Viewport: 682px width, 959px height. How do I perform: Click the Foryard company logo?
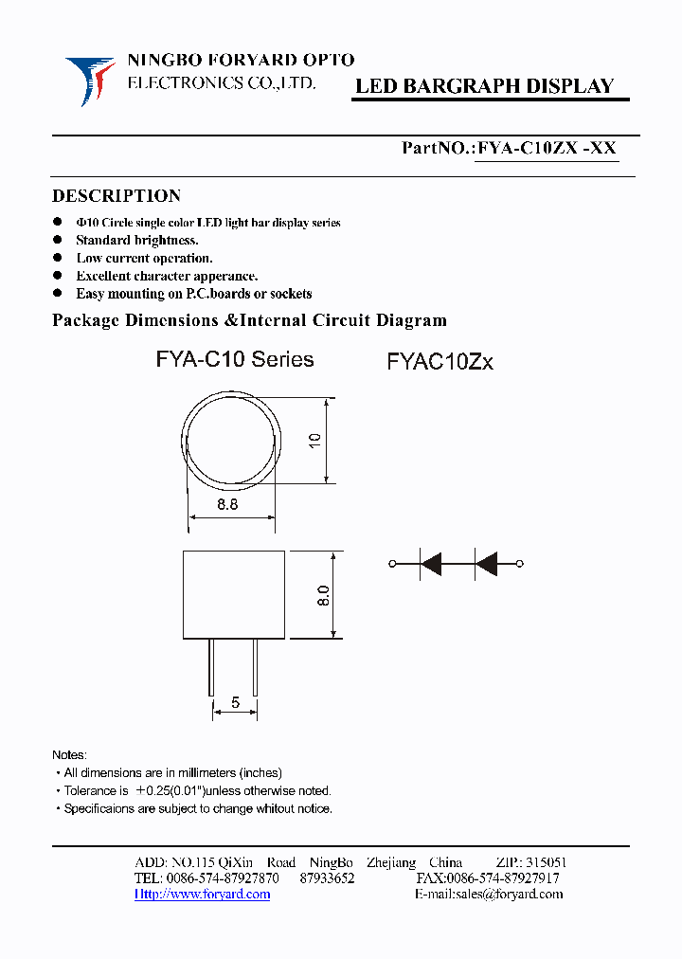pyautogui.click(x=90, y=80)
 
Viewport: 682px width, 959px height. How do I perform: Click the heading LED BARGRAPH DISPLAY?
pyautogui.click(x=484, y=86)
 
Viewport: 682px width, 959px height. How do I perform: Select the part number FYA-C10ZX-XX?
pyautogui.click(x=547, y=148)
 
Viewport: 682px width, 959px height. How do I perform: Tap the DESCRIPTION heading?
pyautogui.click(x=117, y=196)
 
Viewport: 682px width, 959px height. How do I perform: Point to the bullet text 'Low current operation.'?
pyautogui.click(x=144, y=258)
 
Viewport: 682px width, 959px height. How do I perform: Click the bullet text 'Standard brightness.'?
pyautogui.click(x=137, y=241)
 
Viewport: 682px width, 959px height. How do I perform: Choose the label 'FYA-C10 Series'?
pyautogui.click(x=234, y=359)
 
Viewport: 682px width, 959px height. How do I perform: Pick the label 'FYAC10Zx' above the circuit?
pyautogui.click(x=440, y=362)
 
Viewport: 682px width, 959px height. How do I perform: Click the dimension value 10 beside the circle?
pyautogui.click(x=315, y=440)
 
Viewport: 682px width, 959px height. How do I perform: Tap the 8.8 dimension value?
pyautogui.click(x=227, y=505)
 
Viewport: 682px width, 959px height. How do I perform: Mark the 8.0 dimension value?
pyautogui.click(x=322, y=595)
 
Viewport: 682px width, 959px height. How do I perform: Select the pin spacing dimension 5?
pyautogui.click(x=235, y=703)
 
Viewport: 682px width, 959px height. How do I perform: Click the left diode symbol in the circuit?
pyautogui.click(x=431, y=565)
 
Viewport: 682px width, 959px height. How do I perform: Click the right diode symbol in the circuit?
pyautogui.click(x=487, y=565)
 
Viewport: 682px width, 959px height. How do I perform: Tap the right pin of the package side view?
pyautogui.click(x=255, y=667)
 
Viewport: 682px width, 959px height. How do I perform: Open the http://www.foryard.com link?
pyautogui.click(x=202, y=894)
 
